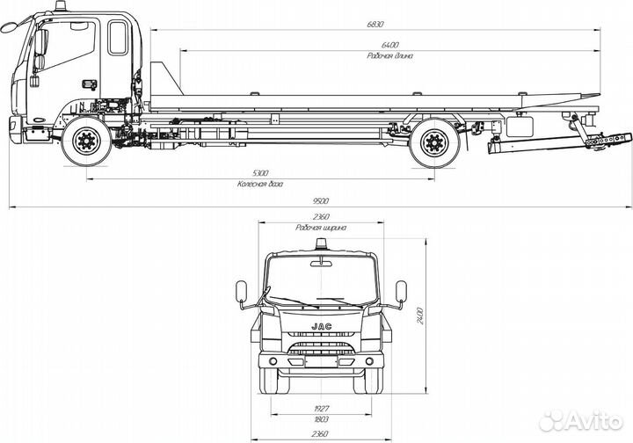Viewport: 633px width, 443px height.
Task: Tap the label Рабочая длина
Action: [391, 54]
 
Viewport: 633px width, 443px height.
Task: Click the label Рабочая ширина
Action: [320, 227]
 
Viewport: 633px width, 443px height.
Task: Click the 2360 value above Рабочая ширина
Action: [320, 216]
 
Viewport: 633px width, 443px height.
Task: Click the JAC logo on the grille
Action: [321, 326]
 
